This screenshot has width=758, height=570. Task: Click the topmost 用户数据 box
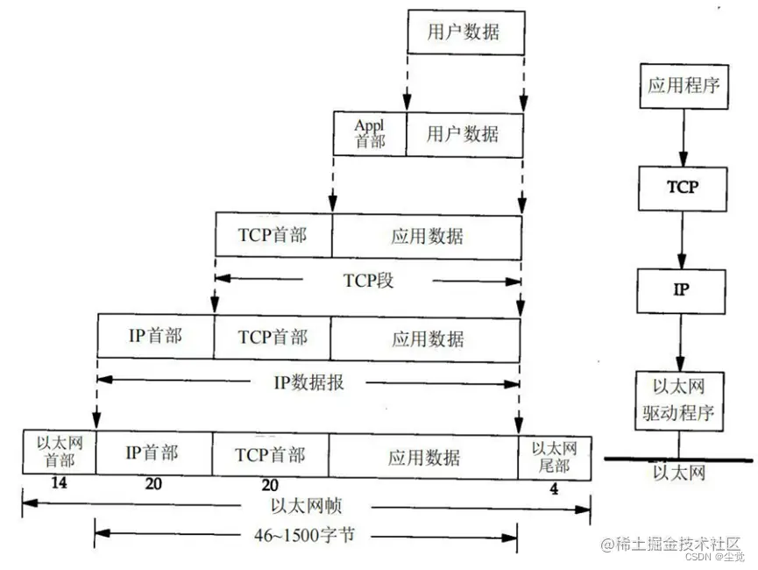464,33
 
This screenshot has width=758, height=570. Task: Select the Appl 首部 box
369,133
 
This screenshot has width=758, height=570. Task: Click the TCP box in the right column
683,187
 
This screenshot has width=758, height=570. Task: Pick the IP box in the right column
683,289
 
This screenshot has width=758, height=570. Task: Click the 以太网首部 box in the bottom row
59,452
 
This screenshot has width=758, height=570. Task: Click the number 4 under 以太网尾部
554,488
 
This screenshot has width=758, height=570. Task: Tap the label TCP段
368,281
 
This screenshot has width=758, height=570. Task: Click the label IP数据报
308,381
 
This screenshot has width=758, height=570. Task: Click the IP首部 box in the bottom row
152,453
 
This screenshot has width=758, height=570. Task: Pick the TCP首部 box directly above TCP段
273,235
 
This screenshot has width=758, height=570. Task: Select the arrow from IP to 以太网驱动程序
683,340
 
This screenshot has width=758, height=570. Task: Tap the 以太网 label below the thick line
679,474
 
